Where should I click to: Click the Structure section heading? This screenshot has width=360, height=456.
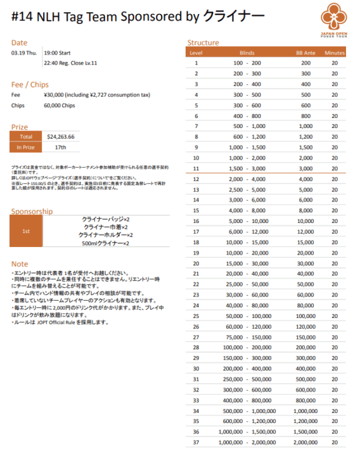(x=203, y=43)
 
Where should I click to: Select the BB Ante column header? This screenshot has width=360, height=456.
(x=305, y=53)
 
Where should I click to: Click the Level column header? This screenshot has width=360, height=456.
(x=196, y=53)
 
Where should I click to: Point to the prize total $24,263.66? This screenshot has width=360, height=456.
(x=61, y=136)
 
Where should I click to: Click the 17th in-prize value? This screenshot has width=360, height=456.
(x=60, y=147)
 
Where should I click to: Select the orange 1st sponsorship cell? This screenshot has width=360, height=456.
(x=26, y=231)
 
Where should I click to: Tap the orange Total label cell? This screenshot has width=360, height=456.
(x=26, y=136)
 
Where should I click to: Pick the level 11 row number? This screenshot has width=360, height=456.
(x=196, y=168)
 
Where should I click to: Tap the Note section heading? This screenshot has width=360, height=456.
(x=20, y=263)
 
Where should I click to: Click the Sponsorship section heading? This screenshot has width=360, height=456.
(x=32, y=211)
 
